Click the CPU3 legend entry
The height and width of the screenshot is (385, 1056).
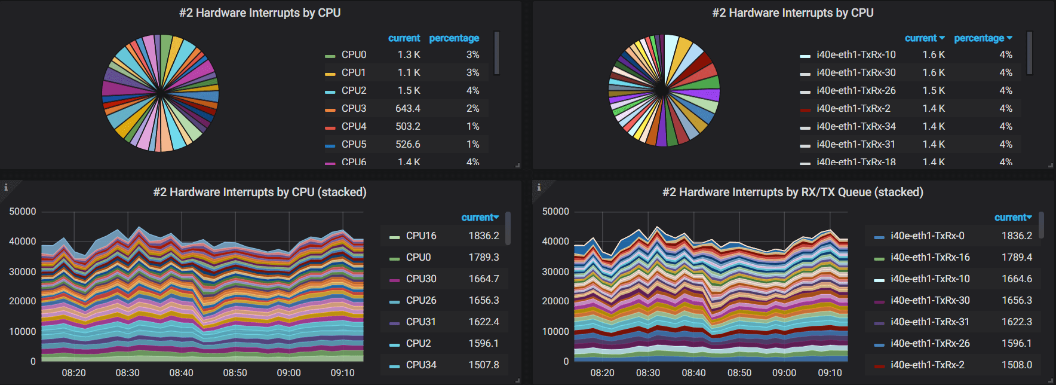pos(354,108)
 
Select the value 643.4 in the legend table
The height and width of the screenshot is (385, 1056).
pos(408,108)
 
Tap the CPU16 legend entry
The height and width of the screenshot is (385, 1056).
pos(421,236)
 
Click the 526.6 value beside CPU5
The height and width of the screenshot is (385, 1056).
pos(408,144)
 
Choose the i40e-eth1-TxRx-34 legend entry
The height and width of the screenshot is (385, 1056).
pos(856,126)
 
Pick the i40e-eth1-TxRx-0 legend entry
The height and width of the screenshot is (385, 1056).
pos(927,236)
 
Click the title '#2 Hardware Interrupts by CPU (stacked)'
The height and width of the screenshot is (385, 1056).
pos(260,192)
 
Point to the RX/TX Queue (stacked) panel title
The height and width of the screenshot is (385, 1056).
pos(793,192)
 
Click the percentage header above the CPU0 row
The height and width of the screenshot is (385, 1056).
pos(454,38)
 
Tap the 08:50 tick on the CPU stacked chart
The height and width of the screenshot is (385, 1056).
pos(235,372)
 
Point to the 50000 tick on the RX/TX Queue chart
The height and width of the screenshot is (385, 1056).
pos(555,212)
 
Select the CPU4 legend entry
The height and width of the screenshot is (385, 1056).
pos(354,126)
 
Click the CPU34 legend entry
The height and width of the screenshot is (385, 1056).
pos(421,365)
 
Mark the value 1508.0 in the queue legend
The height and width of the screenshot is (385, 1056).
pos(1017,365)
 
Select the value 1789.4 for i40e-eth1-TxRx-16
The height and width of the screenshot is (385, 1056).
pos(1017,257)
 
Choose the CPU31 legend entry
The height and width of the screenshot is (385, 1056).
pos(421,322)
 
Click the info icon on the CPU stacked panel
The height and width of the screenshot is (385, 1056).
pos(6,187)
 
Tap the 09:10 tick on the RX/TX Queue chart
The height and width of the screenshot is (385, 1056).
pos(830,372)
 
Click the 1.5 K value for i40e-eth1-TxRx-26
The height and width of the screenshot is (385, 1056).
pos(934,90)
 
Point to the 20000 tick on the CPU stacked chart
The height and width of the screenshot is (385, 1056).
pos(23,301)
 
